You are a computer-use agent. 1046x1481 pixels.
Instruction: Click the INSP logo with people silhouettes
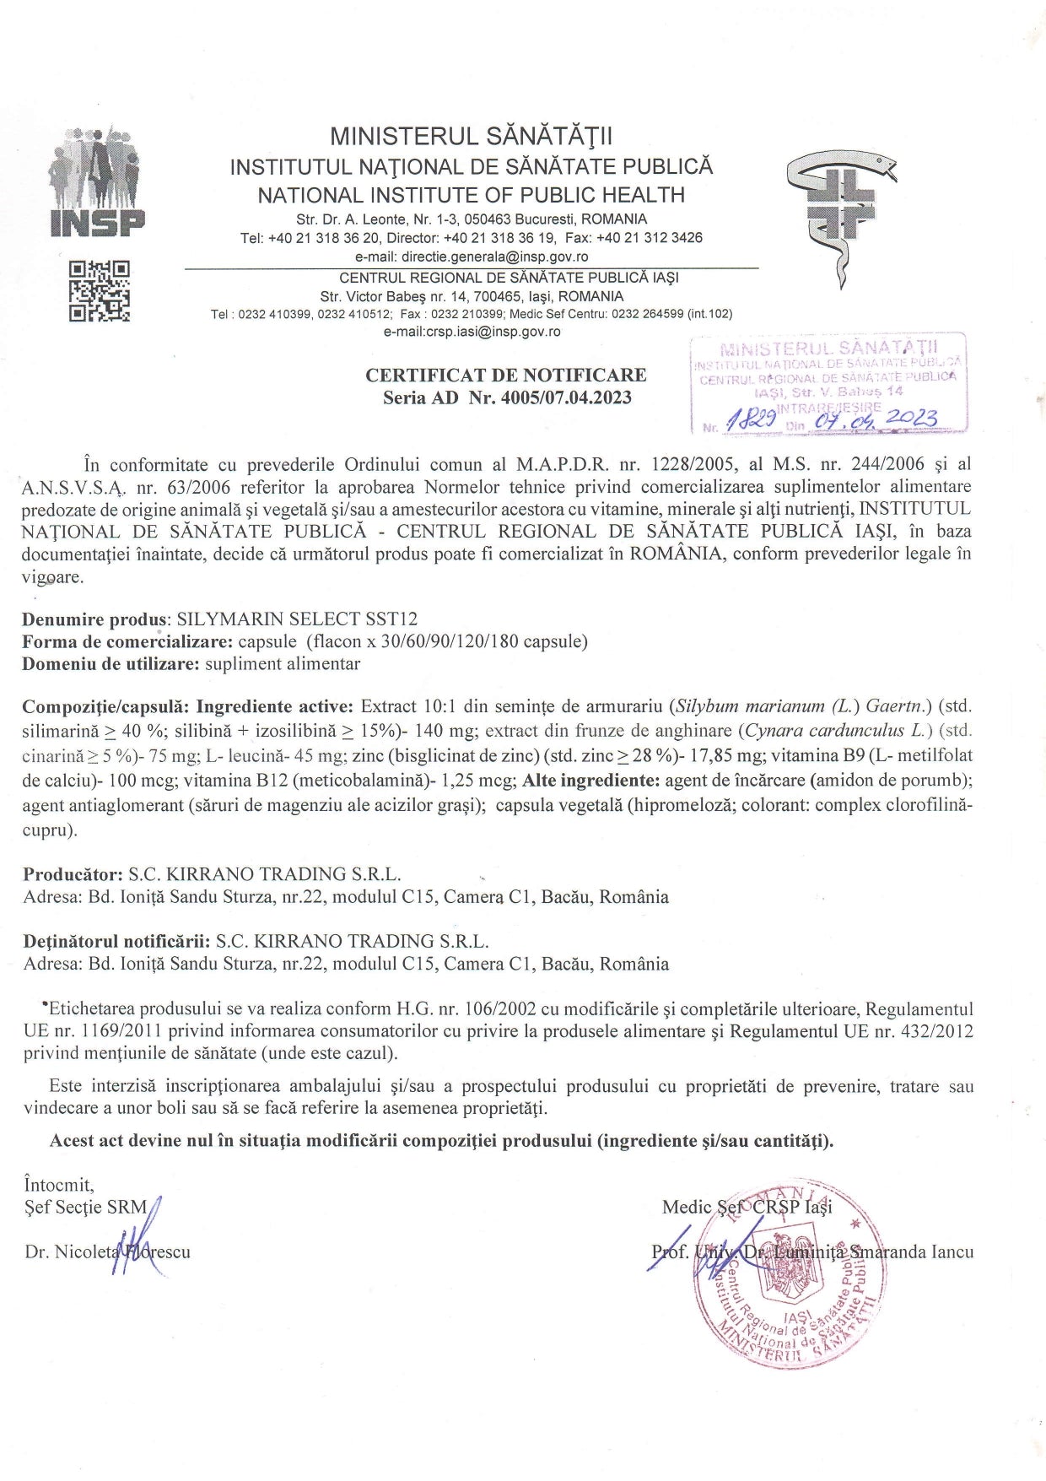(x=98, y=182)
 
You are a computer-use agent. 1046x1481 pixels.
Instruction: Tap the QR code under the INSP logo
(x=100, y=291)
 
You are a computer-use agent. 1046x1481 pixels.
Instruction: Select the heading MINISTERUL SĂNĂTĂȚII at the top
(x=472, y=137)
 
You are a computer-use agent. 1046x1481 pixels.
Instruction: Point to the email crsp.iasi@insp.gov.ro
(x=472, y=332)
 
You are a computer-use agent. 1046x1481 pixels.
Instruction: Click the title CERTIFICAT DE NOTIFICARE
(x=506, y=375)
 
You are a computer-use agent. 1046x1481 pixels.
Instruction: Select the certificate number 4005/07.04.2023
(x=566, y=397)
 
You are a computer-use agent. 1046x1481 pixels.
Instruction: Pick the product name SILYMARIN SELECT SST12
(x=297, y=619)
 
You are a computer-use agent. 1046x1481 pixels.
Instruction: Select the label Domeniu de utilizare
(x=111, y=663)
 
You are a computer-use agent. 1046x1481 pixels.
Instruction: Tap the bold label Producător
(x=73, y=874)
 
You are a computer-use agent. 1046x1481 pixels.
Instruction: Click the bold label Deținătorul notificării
(x=116, y=941)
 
